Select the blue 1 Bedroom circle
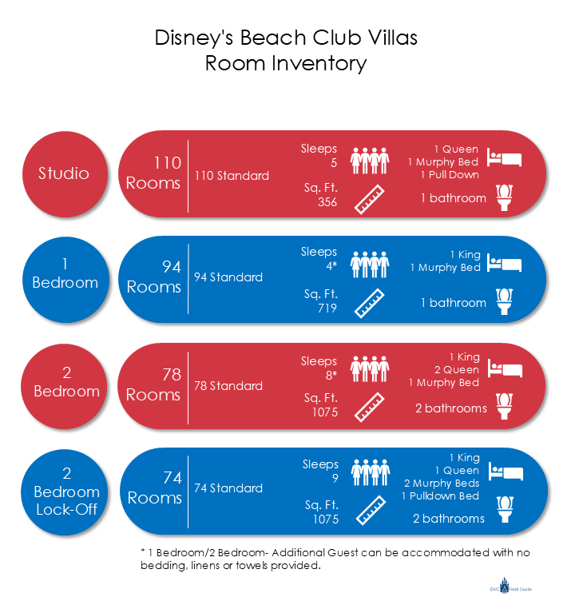[x=65, y=273]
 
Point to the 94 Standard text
[x=228, y=277]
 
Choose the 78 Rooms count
[x=153, y=384]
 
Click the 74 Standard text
[x=228, y=488]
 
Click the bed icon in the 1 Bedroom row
[x=505, y=264]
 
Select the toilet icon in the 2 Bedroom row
[x=504, y=405]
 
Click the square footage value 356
[x=327, y=202]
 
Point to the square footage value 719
[x=327, y=308]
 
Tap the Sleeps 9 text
[x=320, y=472]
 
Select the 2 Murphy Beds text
[x=442, y=484]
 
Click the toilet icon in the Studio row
[x=504, y=197]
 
